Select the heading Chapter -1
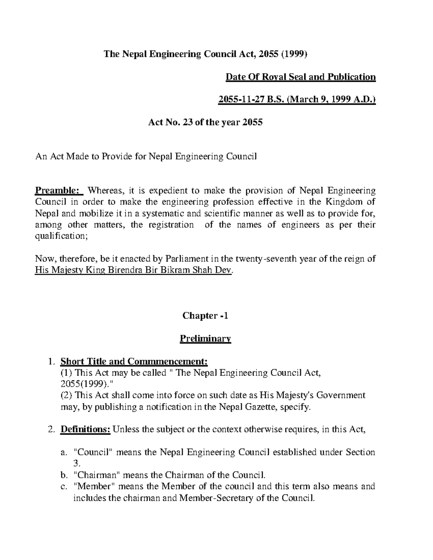205,316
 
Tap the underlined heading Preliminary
205,339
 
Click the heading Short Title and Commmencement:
134,361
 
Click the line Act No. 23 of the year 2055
205,122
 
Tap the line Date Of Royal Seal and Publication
301,77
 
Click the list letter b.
64,475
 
